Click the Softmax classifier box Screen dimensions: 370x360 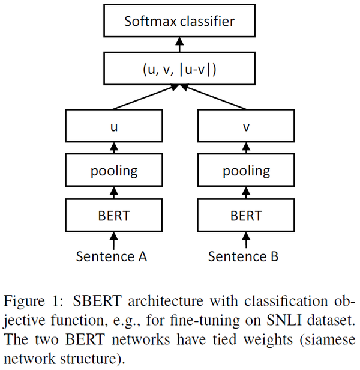[179, 22]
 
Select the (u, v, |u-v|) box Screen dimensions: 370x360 [179, 68]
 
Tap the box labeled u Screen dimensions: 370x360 [114, 127]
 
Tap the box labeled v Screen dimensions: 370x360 [247, 127]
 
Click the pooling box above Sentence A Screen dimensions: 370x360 [114, 171]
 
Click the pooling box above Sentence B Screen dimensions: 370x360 [247, 171]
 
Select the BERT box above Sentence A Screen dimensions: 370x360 [114, 215]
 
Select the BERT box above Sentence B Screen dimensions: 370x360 [247, 215]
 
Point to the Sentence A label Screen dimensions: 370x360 [112, 256]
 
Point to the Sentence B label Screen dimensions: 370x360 [244, 256]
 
